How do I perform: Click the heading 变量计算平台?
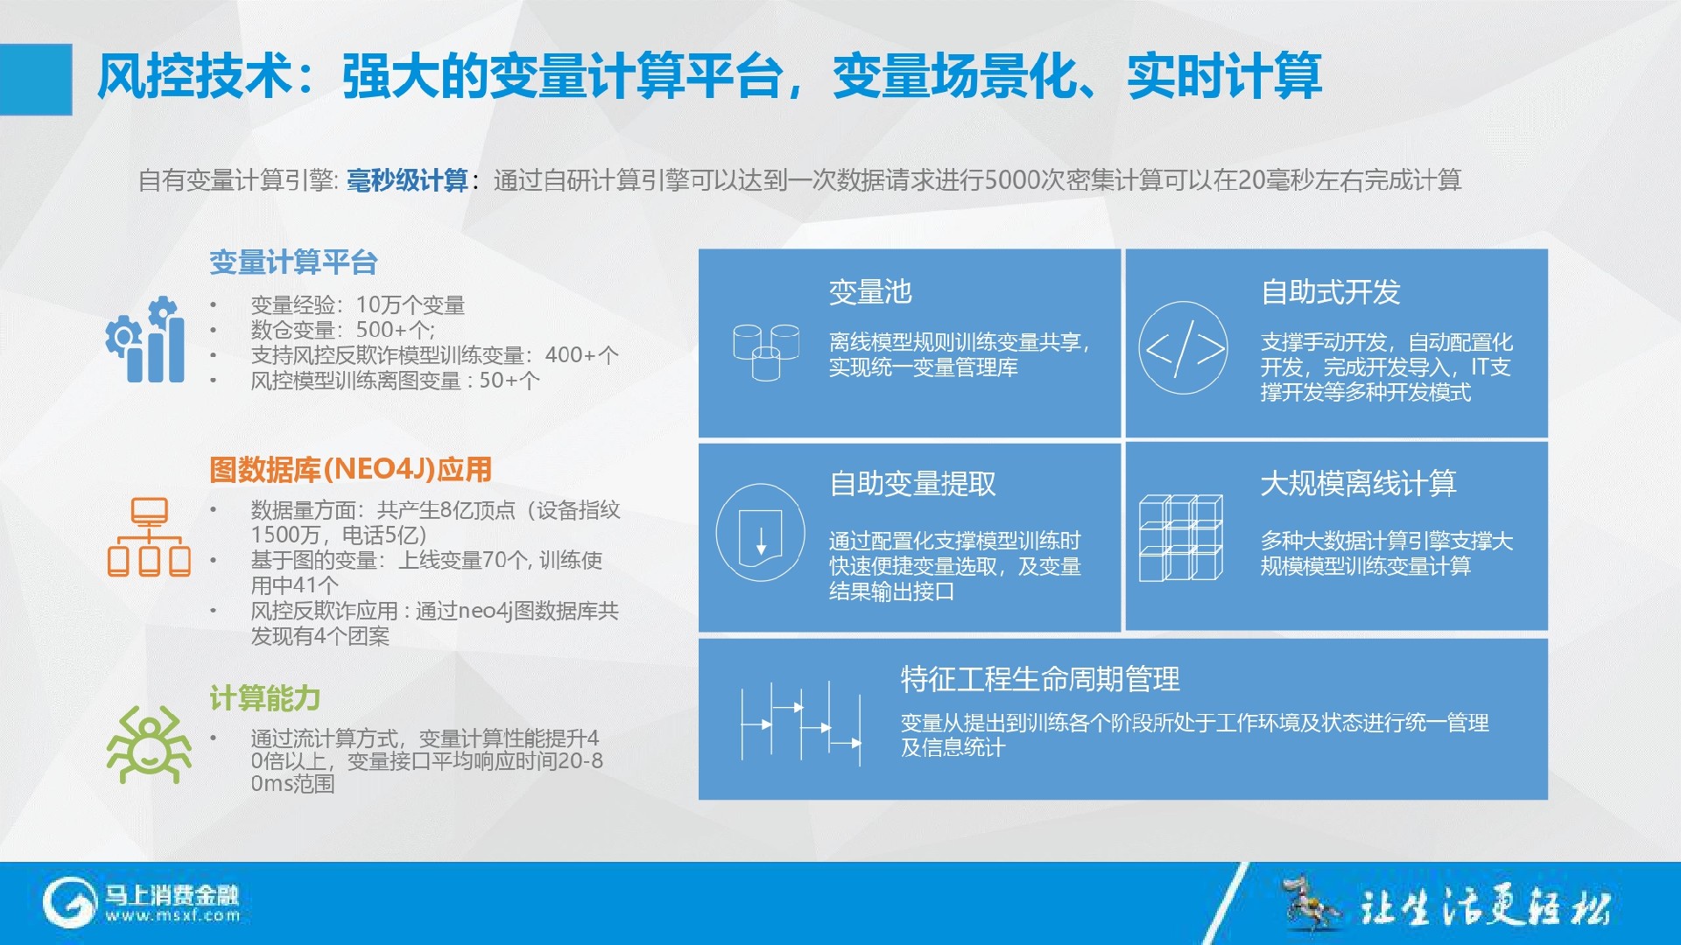coord(293,262)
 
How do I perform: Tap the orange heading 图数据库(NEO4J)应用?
coord(350,470)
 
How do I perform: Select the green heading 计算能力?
coord(264,698)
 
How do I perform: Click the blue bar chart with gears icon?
coord(145,339)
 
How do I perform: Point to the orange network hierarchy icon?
coord(149,536)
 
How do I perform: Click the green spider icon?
coord(149,745)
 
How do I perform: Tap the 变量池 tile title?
coord(870,291)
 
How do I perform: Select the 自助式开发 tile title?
coord(1331,291)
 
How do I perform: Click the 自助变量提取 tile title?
coord(912,483)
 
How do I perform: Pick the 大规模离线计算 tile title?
coord(1358,483)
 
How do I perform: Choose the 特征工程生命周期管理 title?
coord(1040,679)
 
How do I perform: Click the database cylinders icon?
coord(766,353)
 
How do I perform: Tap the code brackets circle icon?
coord(1183,348)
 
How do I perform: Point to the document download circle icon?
coord(760,532)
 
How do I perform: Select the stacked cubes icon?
coord(1181,537)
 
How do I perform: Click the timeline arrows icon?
coord(801,724)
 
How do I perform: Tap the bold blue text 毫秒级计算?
coord(408,180)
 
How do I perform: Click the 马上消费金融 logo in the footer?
coord(141,903)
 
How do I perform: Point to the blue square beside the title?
coord(36,80)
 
